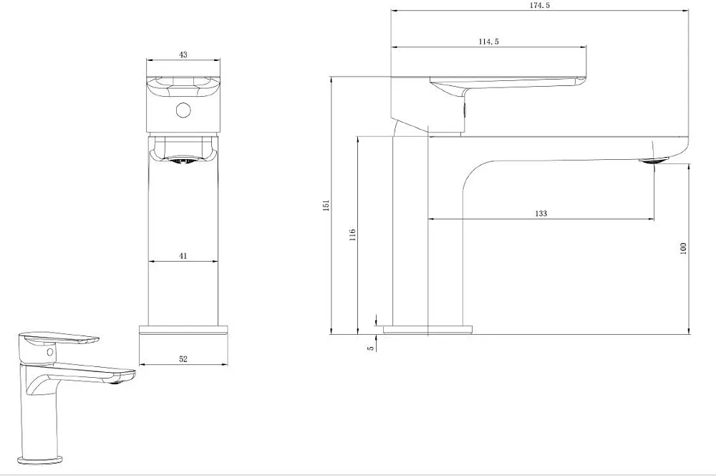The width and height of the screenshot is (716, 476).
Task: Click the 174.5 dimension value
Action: pos(539,5)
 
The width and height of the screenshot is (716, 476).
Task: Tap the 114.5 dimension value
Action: pos(488,42)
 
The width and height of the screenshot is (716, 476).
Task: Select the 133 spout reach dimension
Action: pos(541,213)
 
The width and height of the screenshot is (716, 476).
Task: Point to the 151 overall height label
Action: pos(326,205)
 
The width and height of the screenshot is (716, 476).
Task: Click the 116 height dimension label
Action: pos(352,235)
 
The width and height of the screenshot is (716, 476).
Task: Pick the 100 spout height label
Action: pos(684,248)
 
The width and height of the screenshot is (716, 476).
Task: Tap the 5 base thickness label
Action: pos(371,348)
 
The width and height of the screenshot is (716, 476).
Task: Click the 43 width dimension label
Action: pos(183,54)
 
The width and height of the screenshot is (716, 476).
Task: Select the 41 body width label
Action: pos(183,256)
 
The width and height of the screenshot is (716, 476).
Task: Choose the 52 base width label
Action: pos(183,359)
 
